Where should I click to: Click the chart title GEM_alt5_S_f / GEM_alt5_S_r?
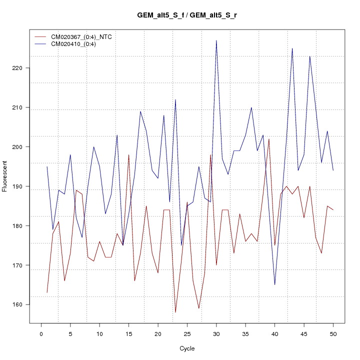[187, 15]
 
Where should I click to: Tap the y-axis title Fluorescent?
[5, 176]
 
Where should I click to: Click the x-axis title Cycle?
[187, 348]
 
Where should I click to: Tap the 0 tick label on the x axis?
[41, 332]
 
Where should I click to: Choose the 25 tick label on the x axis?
[187, 332]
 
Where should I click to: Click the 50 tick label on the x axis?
[333, 332]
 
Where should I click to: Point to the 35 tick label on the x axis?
[245, 332]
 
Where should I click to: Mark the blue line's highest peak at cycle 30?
[216, 40]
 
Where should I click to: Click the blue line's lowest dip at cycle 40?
[274, 284]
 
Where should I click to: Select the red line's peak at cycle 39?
[269, 139]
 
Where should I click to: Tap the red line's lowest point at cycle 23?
[175, 312]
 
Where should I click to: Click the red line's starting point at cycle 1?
[47, 292]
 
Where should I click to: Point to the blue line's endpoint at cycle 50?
[333, 170]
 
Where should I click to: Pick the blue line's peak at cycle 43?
[292, 48]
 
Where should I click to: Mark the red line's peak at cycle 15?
[128, 155]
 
